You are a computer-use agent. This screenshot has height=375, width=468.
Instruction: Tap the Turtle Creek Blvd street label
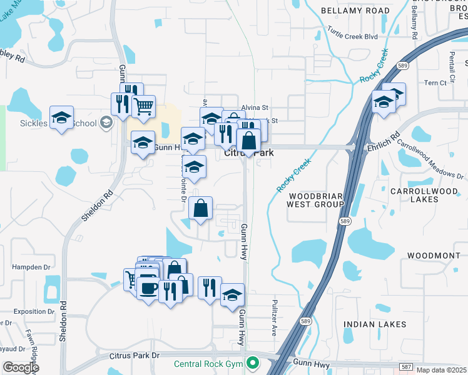[353, 37]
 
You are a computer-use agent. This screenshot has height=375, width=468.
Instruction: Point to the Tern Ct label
[435, 82]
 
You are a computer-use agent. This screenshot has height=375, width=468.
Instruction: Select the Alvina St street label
[255, 107]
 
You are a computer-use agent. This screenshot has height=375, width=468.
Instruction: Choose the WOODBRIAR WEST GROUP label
[315, 200]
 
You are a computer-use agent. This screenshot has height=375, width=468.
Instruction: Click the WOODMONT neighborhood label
[433, 256]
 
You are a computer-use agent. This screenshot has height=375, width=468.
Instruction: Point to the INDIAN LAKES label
[375, 324]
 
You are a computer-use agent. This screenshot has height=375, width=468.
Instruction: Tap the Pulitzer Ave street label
[274, 318]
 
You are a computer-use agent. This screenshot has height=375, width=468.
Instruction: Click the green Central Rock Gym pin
[253, 362]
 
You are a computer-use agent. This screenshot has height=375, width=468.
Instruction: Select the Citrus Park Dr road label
[135, 356]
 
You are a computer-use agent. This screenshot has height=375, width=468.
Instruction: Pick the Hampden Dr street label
[31, 267]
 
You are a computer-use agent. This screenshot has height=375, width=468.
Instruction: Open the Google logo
[21, 368]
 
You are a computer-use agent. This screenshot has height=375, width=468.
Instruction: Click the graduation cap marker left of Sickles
[61, 117]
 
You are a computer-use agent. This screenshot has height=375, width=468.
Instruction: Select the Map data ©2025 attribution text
[441, 370]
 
